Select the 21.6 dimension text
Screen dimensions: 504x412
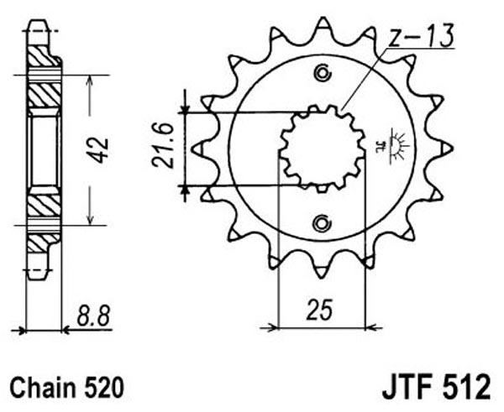click(163, 145)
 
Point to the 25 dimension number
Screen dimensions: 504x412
click(319, 310)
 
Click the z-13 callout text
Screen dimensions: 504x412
click(420, 35)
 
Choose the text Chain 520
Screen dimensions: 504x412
click(67, 388)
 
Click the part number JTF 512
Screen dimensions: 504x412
click(436, 387)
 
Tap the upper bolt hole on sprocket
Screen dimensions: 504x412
click(323, 73)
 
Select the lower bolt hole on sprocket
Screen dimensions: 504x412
click(321, 223)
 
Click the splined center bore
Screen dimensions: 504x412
click(323, 149)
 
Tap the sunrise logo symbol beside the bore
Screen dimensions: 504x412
click(395, 145)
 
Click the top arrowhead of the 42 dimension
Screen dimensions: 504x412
click(90, 81)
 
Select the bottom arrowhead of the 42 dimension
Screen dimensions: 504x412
click(90, 219)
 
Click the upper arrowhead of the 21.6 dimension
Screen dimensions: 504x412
click(185, 108)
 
